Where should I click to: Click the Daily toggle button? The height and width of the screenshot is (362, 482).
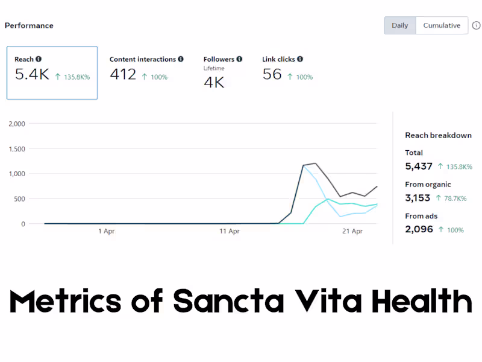point(399,25)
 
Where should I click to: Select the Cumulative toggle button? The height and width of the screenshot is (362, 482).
point(442,25)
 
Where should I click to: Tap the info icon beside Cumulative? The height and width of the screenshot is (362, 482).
point(476,25)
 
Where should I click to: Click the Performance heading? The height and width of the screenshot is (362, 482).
point(29,25)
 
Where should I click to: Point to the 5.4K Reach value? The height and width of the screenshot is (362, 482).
point(32,74)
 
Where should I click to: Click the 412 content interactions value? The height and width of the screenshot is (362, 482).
point(123,74)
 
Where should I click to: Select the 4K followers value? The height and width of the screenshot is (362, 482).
point(214,82)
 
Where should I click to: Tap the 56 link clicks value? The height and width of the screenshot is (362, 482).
point(272,74)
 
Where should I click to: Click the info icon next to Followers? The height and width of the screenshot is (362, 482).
point(239,59)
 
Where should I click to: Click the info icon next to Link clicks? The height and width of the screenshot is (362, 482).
point(300,59)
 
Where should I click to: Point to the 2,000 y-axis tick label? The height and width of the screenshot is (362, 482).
point(17,124)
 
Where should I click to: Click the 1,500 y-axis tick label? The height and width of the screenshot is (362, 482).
point(17,149)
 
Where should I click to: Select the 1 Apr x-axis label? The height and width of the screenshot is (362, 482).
point(106,231)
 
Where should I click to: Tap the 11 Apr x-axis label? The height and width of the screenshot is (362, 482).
point(230,231)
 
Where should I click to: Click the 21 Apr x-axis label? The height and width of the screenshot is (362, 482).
point(352,231)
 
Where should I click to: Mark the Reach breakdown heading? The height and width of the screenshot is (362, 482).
point(438,135)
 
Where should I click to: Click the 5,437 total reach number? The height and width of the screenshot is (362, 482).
point(419,166)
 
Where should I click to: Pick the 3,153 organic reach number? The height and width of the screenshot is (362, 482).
point(418,197)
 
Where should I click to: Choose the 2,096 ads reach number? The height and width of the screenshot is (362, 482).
point(419,229)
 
